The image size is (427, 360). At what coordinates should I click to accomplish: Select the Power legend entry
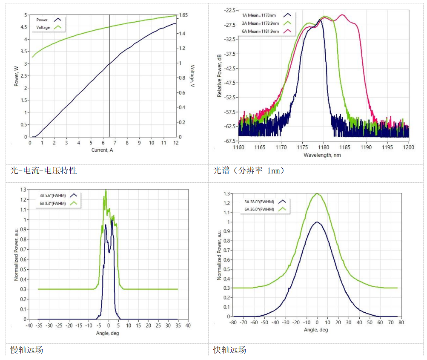[42, 20]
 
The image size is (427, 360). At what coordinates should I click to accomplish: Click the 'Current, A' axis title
[102, 150]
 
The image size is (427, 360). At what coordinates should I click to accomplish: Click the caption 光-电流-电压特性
[43, 171]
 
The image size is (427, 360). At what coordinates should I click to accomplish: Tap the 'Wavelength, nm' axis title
[322, 155]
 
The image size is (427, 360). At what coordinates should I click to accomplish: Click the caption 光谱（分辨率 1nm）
[249, 171]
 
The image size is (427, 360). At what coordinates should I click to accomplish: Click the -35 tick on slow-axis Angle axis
[38, 326]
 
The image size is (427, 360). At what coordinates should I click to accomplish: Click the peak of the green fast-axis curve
[317, 193]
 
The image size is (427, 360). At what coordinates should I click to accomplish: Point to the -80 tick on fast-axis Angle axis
[232, 323]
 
